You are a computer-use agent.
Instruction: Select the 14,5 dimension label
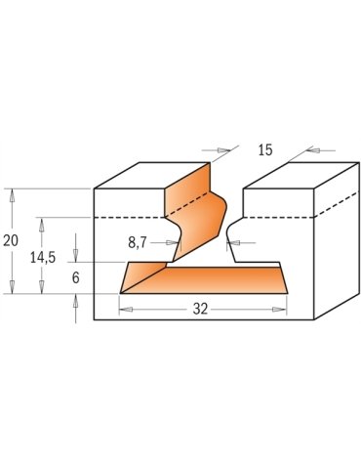(41, 259)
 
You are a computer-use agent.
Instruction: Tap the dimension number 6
(75, 277)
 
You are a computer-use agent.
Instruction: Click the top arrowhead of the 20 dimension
(14, 192)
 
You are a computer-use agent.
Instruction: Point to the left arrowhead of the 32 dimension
(124, 309)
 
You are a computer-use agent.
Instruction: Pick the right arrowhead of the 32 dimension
(282, 309)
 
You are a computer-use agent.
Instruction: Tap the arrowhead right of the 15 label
(308, 150)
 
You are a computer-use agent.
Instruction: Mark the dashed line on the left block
(127, 216)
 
